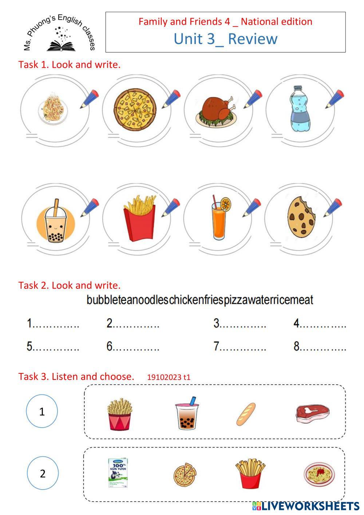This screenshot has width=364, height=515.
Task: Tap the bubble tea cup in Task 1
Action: click(x=56, y=223)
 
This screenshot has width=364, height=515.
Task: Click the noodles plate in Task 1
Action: click(x=53, y=108)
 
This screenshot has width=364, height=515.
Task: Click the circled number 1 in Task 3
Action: click(x=42, y=411)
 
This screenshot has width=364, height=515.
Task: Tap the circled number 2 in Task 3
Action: click(x=43, y=473)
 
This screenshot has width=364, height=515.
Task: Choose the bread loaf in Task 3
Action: click(x=246, y=414)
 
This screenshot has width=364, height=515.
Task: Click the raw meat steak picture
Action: click(x=312, y=413)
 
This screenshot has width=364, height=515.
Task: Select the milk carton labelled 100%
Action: click(x=118, y=473)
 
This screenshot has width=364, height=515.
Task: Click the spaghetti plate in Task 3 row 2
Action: click(x=319, y=473)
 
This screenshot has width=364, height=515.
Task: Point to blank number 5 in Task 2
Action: click(x=52, y=346)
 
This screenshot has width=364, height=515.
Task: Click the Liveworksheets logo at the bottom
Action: click(x=306, y=506)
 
